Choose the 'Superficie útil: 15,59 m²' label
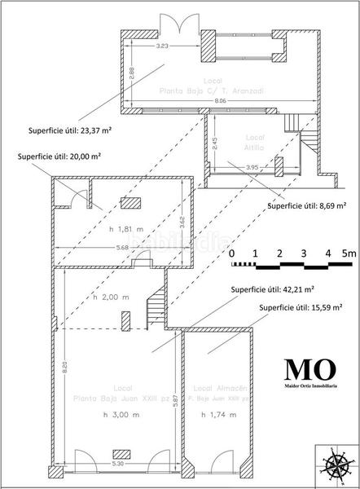click(300, 307)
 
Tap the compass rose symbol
click(336, 466)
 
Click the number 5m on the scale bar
click(349, 253)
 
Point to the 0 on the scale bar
click(232, 253)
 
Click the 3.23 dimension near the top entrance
click(162, 46)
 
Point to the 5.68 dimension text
click(99, 248)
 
